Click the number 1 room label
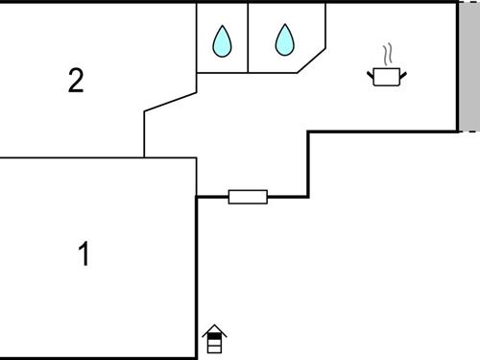point(84,255)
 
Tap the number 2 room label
point(76,81)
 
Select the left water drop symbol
point(223,41)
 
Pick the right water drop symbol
point(285,40)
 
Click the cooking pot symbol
point(388,77)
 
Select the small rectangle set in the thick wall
point(248,197)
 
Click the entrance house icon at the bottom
point(216,337)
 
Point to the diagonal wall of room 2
point(170,102)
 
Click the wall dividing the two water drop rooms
point(248,36)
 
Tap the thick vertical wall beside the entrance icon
point(197,278)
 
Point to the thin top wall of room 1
point(96,157)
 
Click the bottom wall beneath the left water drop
point(222,72)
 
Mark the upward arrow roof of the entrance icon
point(216,329)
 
